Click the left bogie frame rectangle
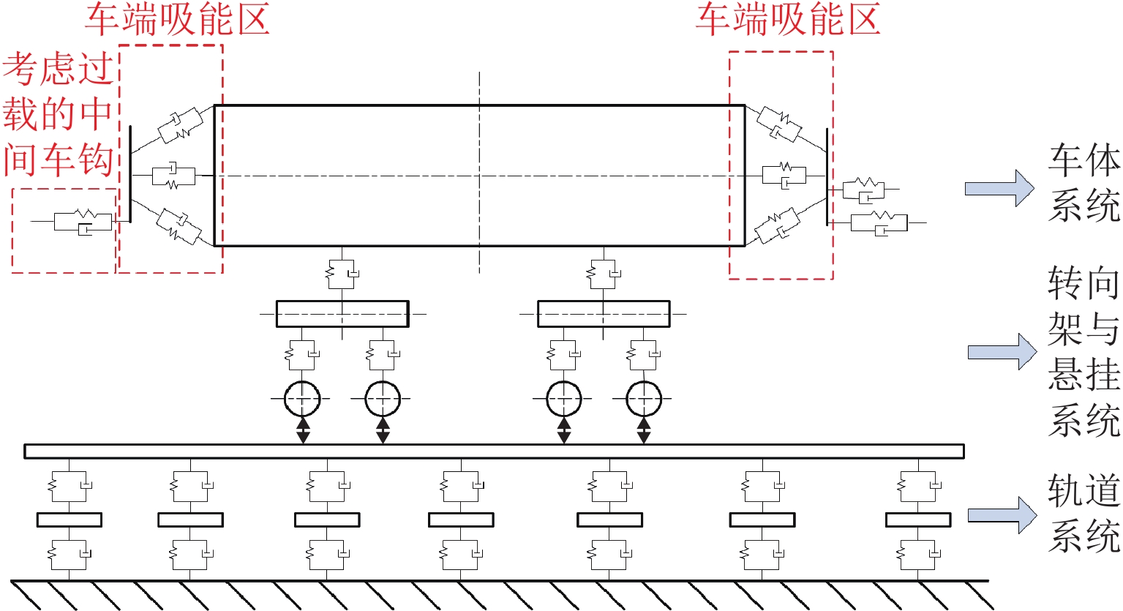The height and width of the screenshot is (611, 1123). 342,314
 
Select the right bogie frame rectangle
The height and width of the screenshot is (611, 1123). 604,314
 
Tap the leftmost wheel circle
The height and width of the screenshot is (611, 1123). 302,399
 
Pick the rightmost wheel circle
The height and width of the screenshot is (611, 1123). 644,399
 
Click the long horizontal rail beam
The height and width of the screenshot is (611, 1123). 494,451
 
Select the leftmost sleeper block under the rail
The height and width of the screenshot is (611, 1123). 70,520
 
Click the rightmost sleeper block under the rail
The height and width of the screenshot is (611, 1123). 918,520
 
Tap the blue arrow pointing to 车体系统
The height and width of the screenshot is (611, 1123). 999,188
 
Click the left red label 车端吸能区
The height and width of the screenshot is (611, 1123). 177,20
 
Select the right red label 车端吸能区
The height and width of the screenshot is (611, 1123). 787,20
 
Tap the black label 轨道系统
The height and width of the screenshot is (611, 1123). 1083,513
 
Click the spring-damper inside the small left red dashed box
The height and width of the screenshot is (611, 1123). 83,221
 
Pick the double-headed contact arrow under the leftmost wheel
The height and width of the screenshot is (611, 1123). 303,430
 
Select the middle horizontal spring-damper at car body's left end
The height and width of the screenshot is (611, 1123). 173,176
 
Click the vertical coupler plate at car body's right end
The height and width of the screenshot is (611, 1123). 827,177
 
